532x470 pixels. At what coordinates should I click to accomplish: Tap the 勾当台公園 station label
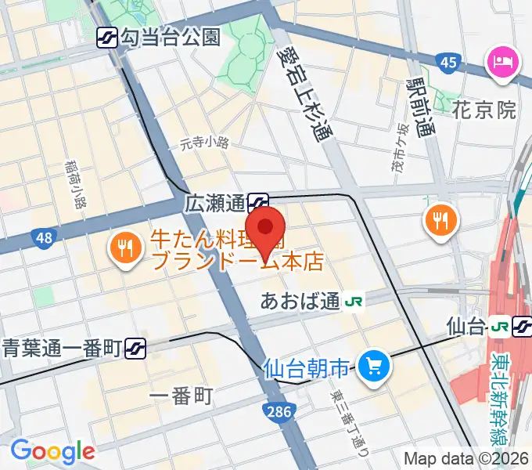[171, 37]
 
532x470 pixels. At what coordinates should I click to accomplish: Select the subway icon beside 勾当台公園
[107, 37]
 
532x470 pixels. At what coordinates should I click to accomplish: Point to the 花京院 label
[484, 110]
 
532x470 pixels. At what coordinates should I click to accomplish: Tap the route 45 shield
[448, 62]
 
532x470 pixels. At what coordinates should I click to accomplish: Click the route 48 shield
[42, 237]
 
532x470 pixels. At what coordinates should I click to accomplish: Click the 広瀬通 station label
[215, 203]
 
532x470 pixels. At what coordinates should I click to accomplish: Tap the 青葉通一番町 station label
[61, 346]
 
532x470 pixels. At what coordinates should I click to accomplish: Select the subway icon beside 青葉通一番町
[136, 346]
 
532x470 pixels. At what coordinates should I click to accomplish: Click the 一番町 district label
[182, 396]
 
